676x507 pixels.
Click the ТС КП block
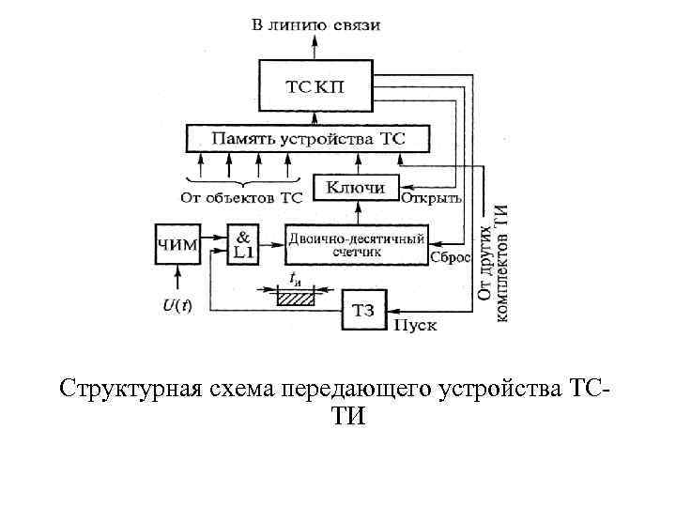click(315, 86)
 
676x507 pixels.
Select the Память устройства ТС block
click(308, 139)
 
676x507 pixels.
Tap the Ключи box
click(356, 188)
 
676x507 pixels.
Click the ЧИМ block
click(176, 245)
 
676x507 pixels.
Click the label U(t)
click(177, 305)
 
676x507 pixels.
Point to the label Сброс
click(450, 257)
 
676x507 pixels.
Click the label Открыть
click(431, 198)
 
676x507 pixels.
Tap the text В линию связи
click(316, 24)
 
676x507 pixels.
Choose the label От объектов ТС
click(241, 198)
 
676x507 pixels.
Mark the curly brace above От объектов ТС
click(241, 181)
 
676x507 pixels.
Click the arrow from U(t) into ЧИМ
click(177, 279)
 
